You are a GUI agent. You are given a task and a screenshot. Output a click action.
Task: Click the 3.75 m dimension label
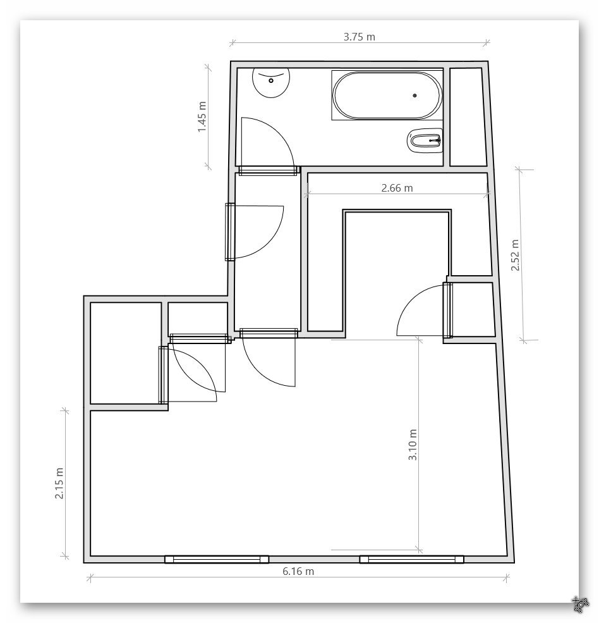pos(359,37)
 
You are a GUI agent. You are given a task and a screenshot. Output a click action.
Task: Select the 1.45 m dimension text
pos(202,117)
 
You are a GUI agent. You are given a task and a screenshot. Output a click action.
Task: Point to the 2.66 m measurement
pos(397,188)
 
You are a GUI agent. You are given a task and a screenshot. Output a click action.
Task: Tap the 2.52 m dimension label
pos(515,255)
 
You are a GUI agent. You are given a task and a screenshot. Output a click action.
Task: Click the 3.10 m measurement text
pos(413,445)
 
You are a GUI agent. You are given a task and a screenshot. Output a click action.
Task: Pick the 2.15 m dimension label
pos(59,483)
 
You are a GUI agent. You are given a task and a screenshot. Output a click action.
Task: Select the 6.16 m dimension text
pos(298,571)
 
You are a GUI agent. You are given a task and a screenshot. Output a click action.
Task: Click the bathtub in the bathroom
pos(387,96)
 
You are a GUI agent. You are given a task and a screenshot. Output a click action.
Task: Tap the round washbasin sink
pos(271,82)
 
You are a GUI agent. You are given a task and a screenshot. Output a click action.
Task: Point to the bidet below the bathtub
pos(425,140)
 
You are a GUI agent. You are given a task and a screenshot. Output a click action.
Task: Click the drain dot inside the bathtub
pos(415,96)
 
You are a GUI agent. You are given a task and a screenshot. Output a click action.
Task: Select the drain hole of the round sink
pos(271,81)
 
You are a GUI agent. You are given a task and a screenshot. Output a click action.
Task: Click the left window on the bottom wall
pos(217,559)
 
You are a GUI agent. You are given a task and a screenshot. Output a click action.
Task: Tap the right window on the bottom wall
pos(411,559)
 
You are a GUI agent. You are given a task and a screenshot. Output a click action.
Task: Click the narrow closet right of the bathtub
pos(468,117)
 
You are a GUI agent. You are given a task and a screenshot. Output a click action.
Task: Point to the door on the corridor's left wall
pos(230,232)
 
